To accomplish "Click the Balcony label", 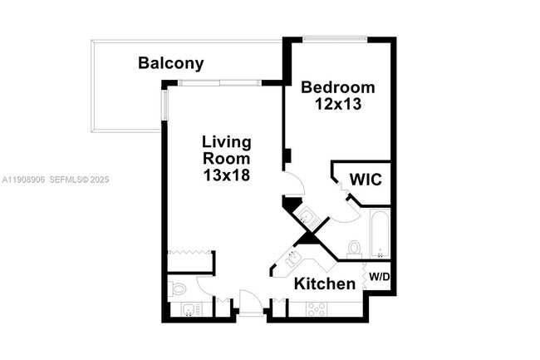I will (x=170, y=62).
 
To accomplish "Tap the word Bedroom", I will (x=337, y=87).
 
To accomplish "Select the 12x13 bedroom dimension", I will (x=337, y=104).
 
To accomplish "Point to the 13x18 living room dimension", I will (x=227, y=175).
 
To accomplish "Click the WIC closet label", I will (x=366, y=180).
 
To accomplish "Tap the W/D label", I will (x=379, y=275).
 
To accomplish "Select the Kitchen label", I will (x=326, y=284).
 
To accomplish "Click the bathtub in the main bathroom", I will (x=379, y=234).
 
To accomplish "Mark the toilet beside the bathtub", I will (x=355, y=248).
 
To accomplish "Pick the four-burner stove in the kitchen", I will (x=317, y=309).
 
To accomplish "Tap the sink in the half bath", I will (x=189, y=311).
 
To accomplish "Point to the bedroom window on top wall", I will (x=334, y=37).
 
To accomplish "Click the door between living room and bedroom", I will (x=290, y=181).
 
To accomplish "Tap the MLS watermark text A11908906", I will (x=22, y=179).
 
